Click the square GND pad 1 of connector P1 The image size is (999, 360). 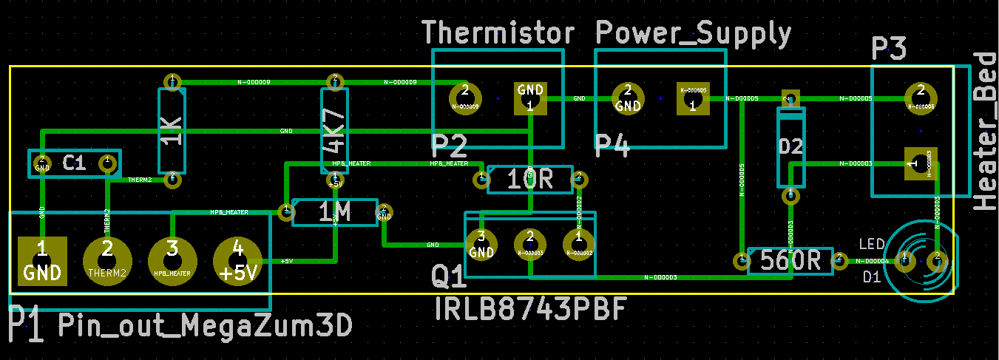tap(42, 262)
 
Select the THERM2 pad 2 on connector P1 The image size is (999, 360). tap(107, 262)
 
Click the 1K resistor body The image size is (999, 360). tap(172, 129)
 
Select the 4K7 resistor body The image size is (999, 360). tap(334, 129)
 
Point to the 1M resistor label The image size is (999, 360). tap(335, 213)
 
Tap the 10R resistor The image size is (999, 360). tap(529, 179)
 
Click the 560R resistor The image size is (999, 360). tap(790, 259)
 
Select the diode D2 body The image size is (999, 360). tap(790, 147)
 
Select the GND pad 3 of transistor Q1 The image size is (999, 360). tap(481, 245)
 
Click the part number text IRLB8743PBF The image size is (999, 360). tap(531, 309)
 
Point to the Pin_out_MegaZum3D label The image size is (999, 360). tap(203, 325)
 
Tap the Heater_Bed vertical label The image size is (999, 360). tap(985, 132)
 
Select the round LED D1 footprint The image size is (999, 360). tap(921, 260)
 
